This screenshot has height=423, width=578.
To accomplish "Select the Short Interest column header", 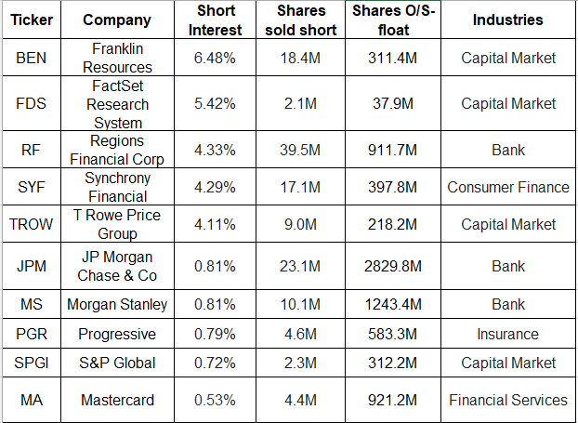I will click(x=216, y=20).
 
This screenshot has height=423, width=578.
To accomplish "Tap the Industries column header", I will click(x=507, y=20).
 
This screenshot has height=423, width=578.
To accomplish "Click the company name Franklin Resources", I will click(x=117, y=59).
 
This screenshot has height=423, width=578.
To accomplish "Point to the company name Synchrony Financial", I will click(x=117, y=187).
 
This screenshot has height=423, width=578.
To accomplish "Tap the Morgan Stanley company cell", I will click(x=117, y=304).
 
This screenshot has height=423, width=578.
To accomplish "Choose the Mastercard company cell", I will click(x=117, y=400).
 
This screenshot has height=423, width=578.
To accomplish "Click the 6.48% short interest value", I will click(x=216, y=59).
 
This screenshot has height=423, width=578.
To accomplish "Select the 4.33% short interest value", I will click(x=216, y=150).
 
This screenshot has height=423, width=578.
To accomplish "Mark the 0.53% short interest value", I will click(x=216, y=400).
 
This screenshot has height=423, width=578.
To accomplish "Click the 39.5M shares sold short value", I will click(x=301, y=150).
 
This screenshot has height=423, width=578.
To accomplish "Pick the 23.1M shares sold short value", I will click(x=301, y=267).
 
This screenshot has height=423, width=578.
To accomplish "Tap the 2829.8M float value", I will click(x=394, y=267).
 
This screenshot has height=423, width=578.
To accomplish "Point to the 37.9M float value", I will click(x=394, y=104).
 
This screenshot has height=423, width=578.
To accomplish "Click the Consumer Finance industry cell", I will click(x=507, y=187).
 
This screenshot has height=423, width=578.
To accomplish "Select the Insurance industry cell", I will click(x=507, y=334).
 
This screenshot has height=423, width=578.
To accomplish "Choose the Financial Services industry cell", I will click(x=507, y=400).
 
